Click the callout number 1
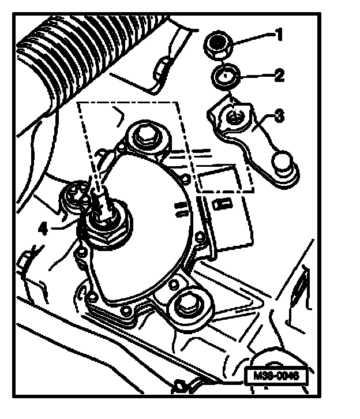[x=279, y=36]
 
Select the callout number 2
[x=279, y=75]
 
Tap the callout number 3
[x=279, y=117]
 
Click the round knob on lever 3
[x=283, y=163]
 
